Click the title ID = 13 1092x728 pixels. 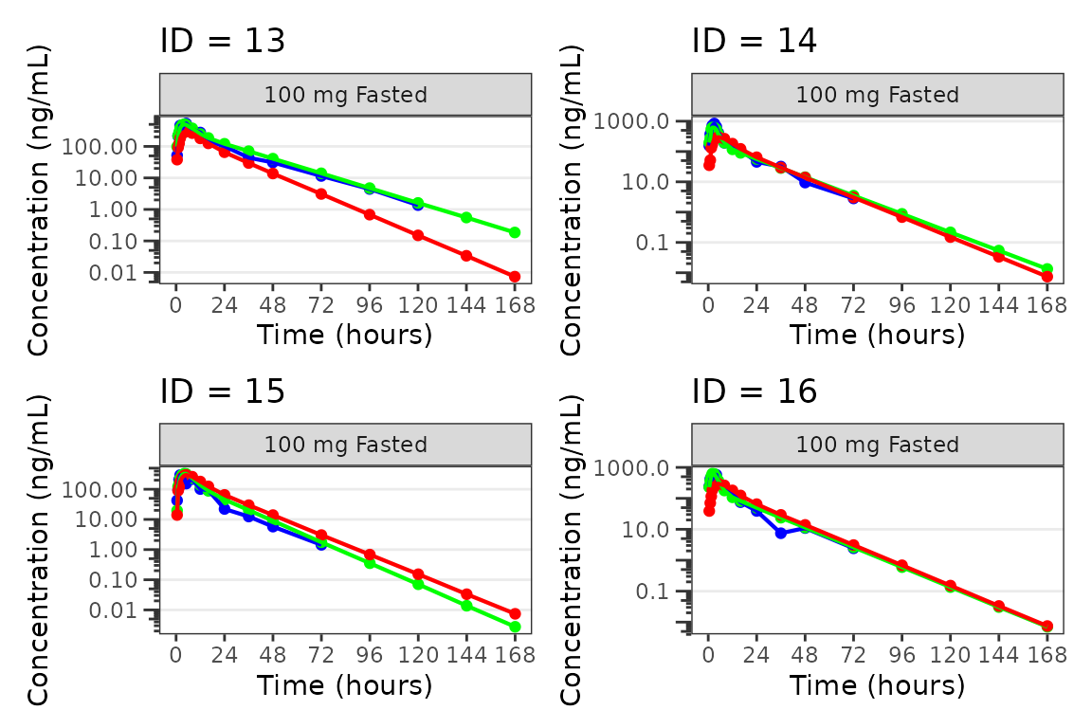pyautogui.click(x=222, y=41)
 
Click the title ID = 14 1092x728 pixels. pyautogui.click(x=755, y=41)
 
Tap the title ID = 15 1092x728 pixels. pyautogui.click(x=222, y=391)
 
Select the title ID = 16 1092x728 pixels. pyautogui.click(x=755, y=391)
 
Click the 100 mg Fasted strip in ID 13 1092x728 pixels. pyautogui.click(x=345, y=95)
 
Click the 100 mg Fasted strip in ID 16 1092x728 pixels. pyautogui.click(x=877, y=445)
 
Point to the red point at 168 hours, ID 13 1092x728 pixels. pyautogui.click(x=515, y=277)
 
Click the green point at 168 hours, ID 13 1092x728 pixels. pyautogui.click(x=515, y=232)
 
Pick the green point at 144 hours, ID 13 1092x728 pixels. pyautogui.click(x=466, y=218)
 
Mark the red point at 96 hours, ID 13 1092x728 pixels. pyautogui.click(x=370, y=214)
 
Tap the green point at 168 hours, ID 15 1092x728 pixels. pyautogui.click(x=515, y=627)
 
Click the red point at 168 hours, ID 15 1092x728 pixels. pyautogui.click(x=515, y=613)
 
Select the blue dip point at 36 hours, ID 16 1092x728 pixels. pyautogui.click(x=780, y=533)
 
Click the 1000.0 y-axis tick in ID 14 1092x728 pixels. pyautogui.click(x=645, y=121)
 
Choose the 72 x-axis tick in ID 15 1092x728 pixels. pyautogui.click(x=321, y=654)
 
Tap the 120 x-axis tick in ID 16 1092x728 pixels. pyautogui.click(x=950, y=654)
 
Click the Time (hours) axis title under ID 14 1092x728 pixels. pyautogui.click(x=877, y=334)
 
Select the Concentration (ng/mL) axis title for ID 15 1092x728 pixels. pyautogui.click(x=39, y=550)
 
